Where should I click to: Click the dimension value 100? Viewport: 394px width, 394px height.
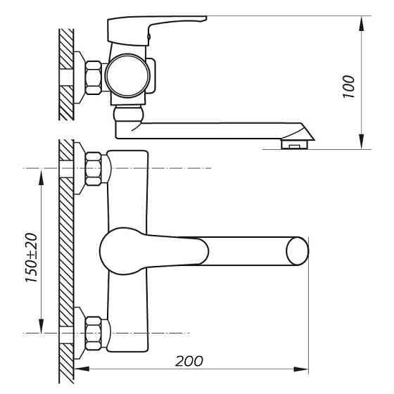[350, 85]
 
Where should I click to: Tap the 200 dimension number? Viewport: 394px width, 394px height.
[190, 361]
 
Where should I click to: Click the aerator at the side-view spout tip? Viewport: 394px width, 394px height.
[295, 145]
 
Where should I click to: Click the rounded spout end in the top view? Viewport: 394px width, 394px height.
[297, 251]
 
